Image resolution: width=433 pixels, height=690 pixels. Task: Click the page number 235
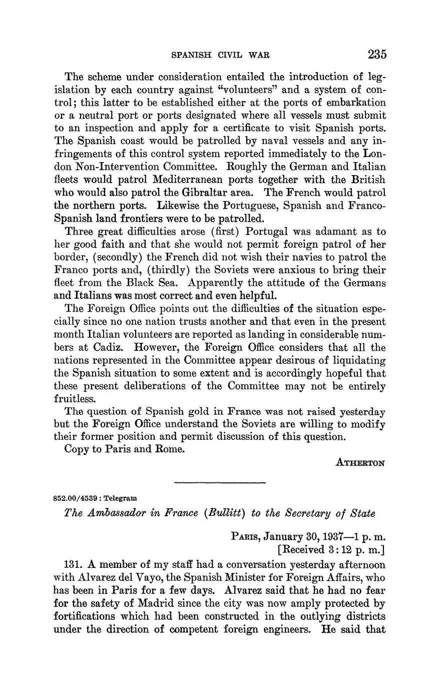376,54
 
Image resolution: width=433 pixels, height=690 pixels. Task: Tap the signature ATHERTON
360,463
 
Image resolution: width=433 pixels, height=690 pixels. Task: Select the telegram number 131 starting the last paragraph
74,564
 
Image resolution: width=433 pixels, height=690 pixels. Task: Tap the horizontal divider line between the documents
219,482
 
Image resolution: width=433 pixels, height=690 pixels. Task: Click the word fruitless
74,399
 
